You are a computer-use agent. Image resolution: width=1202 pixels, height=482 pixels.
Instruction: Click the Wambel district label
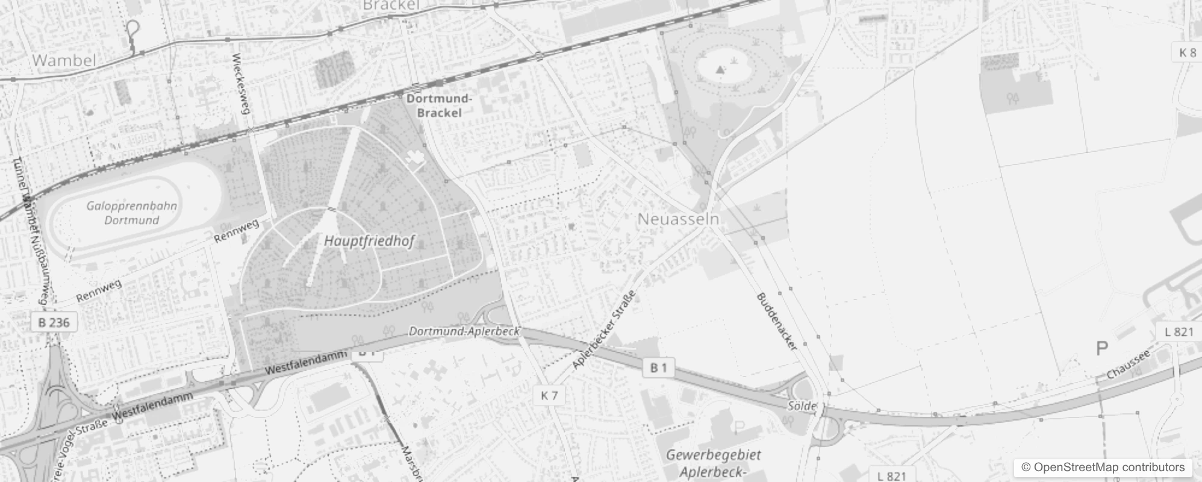[x=64, y=60]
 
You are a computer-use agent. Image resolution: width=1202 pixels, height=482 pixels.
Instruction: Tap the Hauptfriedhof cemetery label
[x=369, y=241]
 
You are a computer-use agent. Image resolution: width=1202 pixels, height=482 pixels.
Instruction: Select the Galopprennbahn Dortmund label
[x=132, y=213]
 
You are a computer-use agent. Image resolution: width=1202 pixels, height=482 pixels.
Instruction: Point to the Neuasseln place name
[x=678, y=219]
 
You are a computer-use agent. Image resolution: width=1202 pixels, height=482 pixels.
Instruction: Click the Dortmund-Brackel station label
[x=439, y=105]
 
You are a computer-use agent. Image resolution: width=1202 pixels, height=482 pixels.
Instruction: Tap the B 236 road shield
[x=54, y=322]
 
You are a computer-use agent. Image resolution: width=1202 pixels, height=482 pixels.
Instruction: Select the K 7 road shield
[x=549, y=395]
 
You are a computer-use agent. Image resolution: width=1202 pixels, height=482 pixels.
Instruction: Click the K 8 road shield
[x=1188, y=52]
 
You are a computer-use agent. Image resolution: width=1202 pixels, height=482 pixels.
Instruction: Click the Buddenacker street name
[x=777, y=322]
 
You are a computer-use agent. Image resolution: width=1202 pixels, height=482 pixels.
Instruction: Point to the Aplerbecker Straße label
[x=604, y=330]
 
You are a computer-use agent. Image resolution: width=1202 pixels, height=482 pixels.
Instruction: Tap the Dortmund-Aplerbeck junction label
[x=464, y=331]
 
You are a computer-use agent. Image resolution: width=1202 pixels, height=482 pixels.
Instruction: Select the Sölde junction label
[x=802, y=406]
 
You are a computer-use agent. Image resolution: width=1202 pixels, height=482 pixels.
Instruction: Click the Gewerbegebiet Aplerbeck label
[x=714, y=463]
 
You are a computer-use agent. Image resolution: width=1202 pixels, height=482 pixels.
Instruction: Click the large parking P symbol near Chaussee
[x=1102, y=348]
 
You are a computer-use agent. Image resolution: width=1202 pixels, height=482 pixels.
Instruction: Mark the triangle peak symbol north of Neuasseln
[x=720, y=70]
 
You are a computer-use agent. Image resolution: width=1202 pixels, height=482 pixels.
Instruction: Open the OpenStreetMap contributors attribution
[x=1103, y=467]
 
